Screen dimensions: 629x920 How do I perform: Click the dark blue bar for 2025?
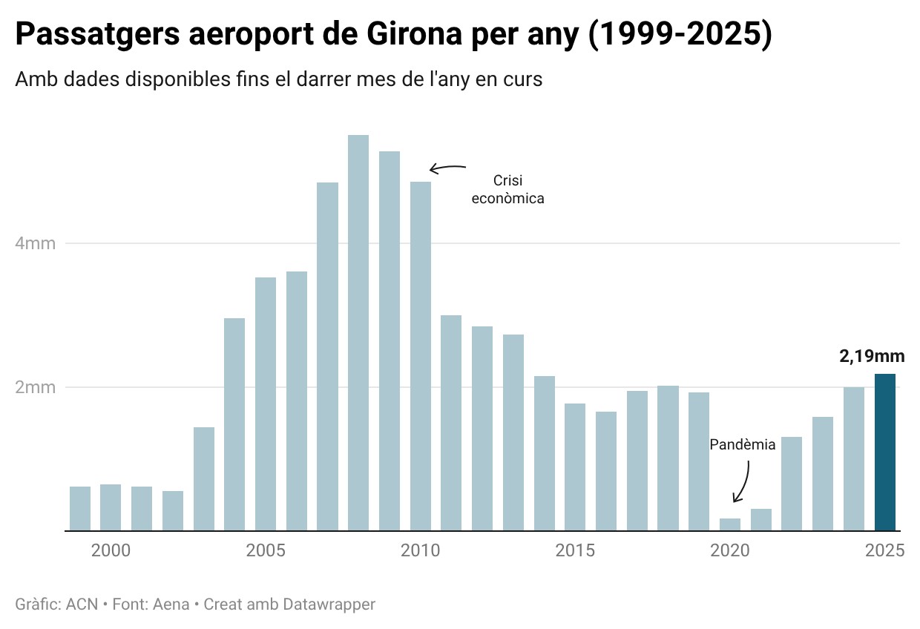pyautogui.click(x=885, y=452)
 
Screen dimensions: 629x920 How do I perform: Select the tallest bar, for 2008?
pyautogui.click(x=358, y=333)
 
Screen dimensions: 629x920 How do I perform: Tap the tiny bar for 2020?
pyautogui.click(x=730, y=524)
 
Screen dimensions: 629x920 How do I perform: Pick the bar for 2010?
pyautogui.click(x=421, y=356)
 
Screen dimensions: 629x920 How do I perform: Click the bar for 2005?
pyautogui.click(x=266, y=404)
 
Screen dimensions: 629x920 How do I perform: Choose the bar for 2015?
pyautogui.click(x=575, y=467)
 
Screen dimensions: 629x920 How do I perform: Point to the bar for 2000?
pyautogui.click(x=111, y=507)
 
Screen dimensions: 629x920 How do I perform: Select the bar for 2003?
pyautogui.click(x=204, y=479)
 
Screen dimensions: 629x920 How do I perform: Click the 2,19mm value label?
pyautogui.click(x=872, y=356)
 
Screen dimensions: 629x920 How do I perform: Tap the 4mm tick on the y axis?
pyautogui.click(x=36, y=243)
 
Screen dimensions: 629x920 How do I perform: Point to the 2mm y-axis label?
pyautogui.click(x=36, y=387)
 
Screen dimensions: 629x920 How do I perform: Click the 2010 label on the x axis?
pyautogui.click(x=421, y=551)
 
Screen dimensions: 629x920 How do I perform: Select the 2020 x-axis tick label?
pyautogui.click(x=730, y=551)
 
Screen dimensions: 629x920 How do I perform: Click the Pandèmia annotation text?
pyautogui.click(x=742, y=445)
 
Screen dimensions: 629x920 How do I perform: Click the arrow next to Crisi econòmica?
pyautogui.click(x=447, y=168)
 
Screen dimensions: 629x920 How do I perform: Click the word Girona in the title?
pyautogui.click(x=414, y=36)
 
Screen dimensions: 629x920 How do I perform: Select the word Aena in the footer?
pyautogui.click(x=171, y=605)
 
